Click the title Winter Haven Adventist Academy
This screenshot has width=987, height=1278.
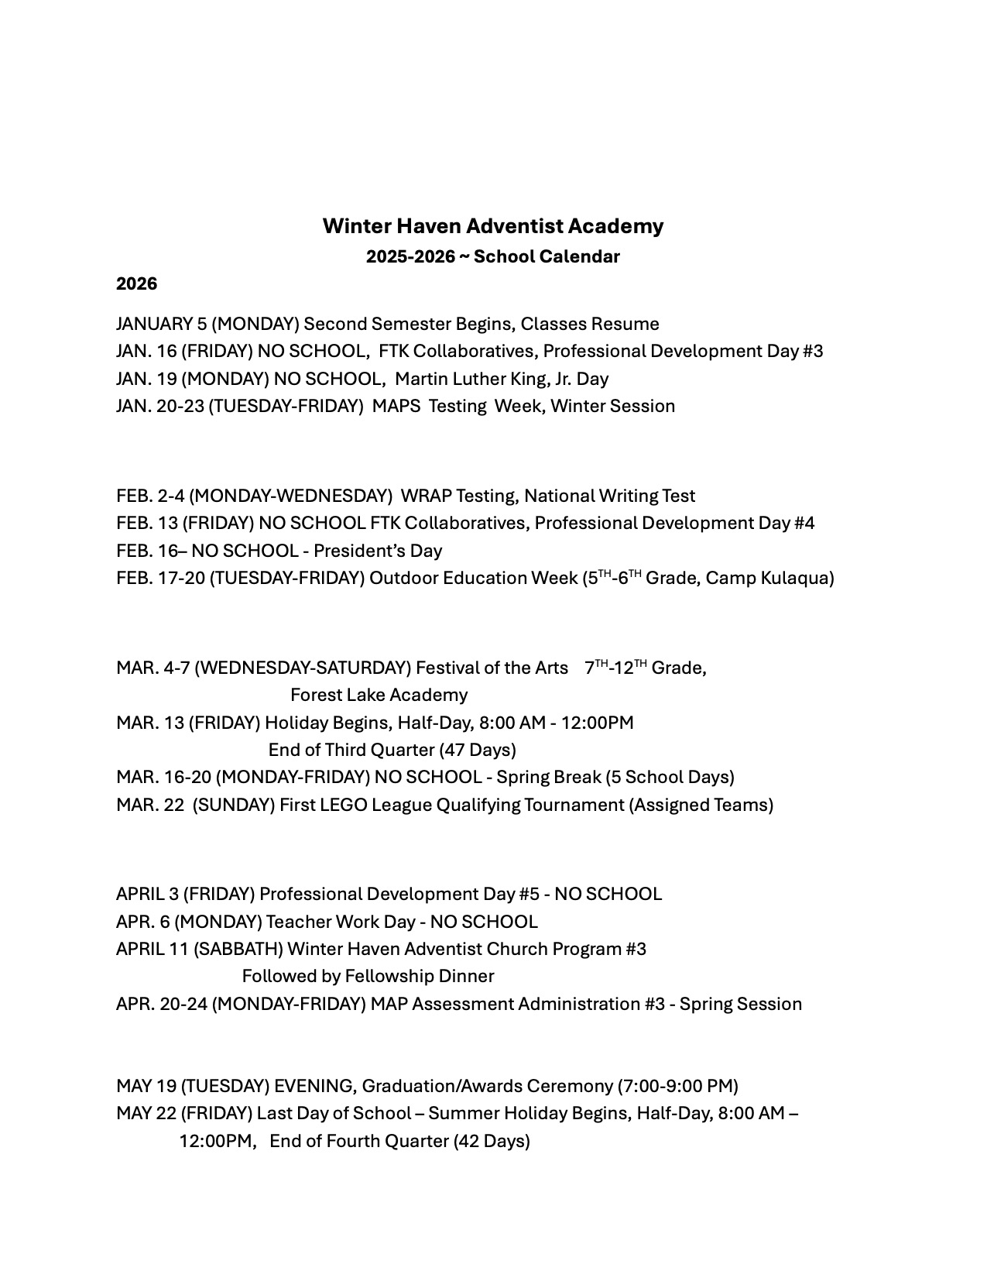(492, 226)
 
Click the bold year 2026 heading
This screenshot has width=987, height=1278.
(136, 284)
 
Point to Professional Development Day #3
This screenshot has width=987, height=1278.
(683, 352)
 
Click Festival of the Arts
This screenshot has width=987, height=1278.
(492, 668)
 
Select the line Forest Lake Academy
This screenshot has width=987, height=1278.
(379, 695)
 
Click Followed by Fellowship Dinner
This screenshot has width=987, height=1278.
(368, 976)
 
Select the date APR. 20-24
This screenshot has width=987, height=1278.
(161, 1004)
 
